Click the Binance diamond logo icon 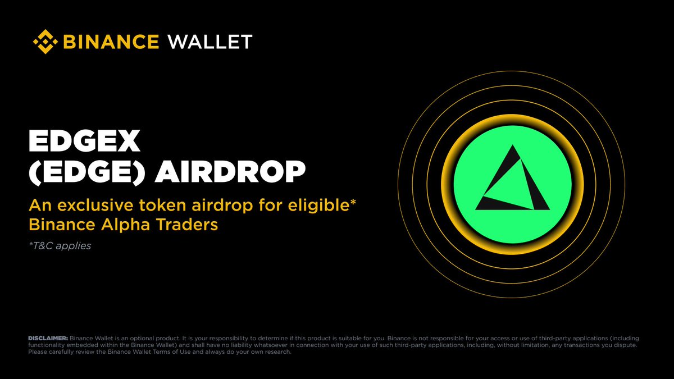tap(46, 42)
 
